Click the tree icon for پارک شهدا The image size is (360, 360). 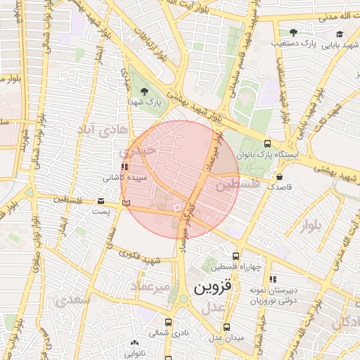145,91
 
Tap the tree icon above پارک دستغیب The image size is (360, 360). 293,32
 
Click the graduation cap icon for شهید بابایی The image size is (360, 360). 340,34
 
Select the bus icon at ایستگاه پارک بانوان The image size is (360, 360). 266,142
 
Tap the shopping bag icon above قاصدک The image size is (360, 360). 280,177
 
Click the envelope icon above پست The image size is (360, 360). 101,202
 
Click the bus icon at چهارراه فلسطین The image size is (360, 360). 235,257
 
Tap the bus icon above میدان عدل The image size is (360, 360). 226,328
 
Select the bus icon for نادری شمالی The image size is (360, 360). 168,322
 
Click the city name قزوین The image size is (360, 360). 213,288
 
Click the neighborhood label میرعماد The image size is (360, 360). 150,287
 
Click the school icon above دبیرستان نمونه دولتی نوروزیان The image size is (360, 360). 272,279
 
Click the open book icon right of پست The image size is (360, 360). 126,202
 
